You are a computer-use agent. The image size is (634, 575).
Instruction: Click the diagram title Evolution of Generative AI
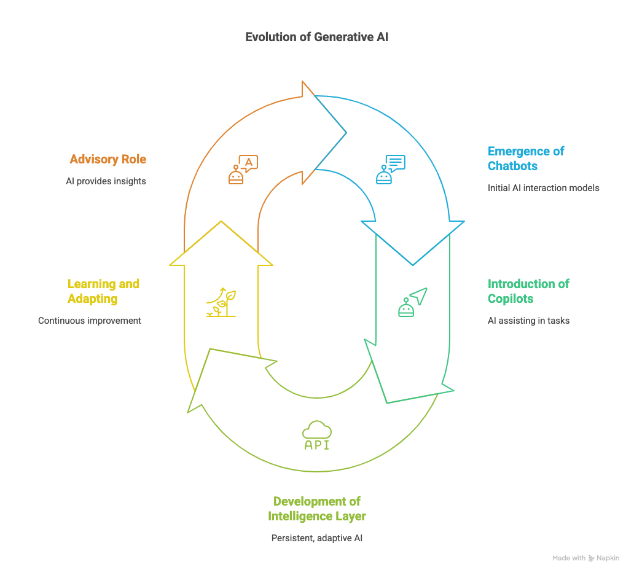316,37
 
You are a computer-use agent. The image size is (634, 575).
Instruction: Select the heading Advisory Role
108,160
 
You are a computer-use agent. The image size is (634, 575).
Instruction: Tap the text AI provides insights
106,181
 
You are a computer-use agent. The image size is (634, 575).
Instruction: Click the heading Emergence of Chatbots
526,158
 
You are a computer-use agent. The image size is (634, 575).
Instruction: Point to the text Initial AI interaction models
543,187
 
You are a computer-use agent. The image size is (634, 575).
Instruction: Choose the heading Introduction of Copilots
528,291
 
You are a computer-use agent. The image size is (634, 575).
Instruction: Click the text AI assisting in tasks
528,320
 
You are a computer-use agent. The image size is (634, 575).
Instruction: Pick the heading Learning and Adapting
103,291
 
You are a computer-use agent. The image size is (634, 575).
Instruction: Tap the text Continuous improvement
90,320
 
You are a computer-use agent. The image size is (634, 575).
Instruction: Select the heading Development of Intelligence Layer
316,509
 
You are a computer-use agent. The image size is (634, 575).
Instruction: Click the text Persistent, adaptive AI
316,538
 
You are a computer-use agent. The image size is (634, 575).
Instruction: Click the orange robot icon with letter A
243,170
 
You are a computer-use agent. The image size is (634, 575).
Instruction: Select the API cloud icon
317,436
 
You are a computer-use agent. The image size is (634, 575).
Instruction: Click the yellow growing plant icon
221,302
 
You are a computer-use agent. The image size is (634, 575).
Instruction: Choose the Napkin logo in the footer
592,558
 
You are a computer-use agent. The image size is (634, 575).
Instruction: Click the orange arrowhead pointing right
324,132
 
